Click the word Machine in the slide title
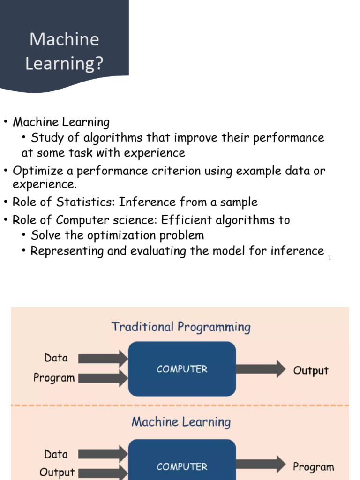point(64,39)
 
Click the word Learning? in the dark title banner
point(64,63)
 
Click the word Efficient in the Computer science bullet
point(186,220)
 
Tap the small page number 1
point(330,258)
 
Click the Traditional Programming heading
point(180,327)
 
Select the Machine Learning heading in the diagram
point(180,422)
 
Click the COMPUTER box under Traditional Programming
point(182,369)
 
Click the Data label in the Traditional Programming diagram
point(56,358)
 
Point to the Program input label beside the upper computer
point(54,378)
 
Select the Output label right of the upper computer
point(310,370)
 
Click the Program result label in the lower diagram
point(313,467)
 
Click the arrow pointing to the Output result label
point(261,369)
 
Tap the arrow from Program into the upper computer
point(103,378)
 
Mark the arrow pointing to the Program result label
point(261,465)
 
